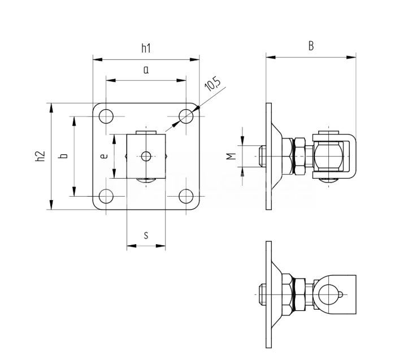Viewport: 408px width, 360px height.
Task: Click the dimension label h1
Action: [146, 49]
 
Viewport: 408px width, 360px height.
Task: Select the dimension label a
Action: [145, 71]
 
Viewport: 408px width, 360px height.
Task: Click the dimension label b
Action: [64, 156]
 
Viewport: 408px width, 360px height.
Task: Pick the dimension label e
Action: [104, 157]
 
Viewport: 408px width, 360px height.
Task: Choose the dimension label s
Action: [146, 235]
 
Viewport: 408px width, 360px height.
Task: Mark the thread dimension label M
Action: [231, 157]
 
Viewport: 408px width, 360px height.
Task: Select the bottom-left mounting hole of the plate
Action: [106, 196]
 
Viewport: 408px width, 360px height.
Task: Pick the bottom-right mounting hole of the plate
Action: [186, 196]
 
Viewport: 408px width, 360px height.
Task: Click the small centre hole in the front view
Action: [146, 157]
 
